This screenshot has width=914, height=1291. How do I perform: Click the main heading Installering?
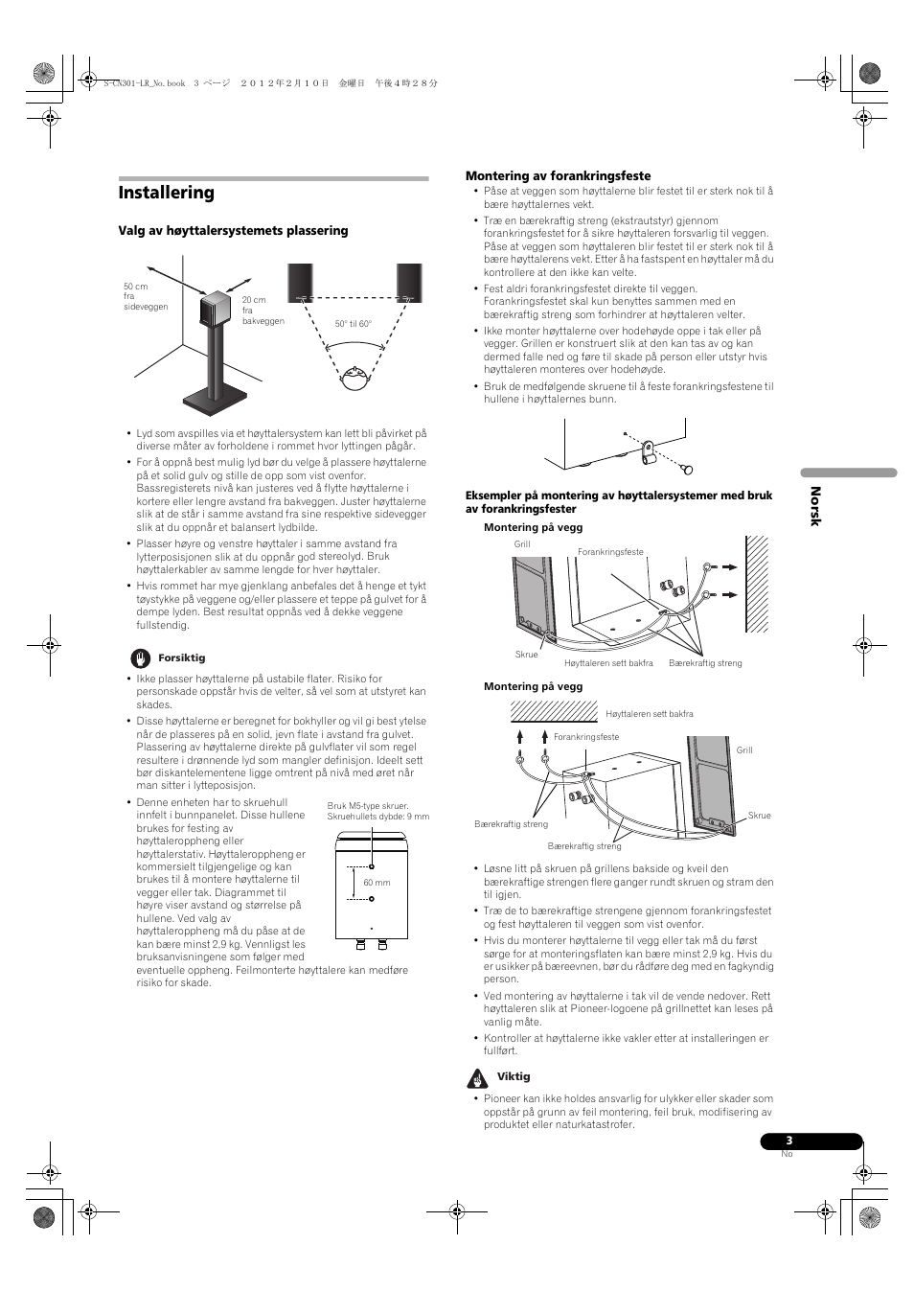167,193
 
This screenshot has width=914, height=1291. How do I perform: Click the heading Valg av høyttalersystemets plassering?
233,231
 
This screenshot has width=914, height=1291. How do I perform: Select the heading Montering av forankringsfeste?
558,176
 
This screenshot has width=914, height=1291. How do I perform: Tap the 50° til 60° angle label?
353,324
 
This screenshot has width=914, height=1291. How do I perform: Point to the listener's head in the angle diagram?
354,379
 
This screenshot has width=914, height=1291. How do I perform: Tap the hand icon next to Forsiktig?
141,658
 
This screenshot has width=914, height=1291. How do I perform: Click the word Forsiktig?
181,658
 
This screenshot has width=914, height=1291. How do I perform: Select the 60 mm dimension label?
377,883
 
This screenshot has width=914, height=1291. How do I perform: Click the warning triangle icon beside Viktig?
477,1078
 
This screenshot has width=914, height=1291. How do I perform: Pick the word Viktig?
514,1077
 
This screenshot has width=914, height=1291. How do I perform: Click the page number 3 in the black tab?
790,1141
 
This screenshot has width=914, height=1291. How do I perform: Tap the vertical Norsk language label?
816,505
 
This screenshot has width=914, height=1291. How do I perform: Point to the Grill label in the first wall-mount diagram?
522,544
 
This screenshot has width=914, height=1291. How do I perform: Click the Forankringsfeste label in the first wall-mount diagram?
610,552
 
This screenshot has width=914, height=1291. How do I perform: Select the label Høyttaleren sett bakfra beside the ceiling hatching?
649,714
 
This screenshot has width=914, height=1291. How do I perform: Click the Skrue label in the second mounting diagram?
759,816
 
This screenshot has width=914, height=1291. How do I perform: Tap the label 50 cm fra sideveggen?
145,297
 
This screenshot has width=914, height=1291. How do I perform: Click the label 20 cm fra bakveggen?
263,311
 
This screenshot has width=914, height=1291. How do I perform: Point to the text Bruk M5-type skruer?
368,806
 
